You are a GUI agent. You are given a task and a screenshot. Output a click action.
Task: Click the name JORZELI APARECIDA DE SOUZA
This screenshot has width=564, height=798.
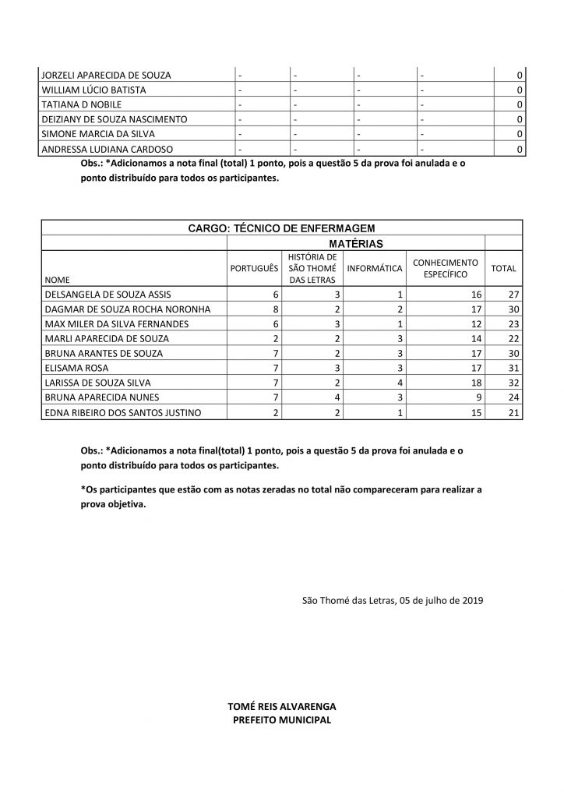(x=106, y=76)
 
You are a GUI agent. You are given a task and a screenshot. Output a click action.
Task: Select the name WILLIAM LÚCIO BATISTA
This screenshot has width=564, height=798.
(x=93, y=90)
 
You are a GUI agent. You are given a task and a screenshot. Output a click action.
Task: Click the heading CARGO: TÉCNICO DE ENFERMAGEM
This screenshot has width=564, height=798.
(x=281, y=228)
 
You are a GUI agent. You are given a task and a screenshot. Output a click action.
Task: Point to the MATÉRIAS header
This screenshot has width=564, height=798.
(x=355, y=243)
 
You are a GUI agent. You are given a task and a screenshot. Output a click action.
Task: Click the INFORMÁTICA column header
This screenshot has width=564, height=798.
(x=375, y=268)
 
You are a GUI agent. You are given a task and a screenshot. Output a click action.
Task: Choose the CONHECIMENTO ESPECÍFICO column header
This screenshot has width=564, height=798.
(x=445, y=268)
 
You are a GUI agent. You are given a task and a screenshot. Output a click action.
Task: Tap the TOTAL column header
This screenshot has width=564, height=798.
(x=503, y=268)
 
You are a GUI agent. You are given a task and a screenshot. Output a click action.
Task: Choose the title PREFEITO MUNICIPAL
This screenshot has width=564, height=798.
(x=282, y=719)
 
